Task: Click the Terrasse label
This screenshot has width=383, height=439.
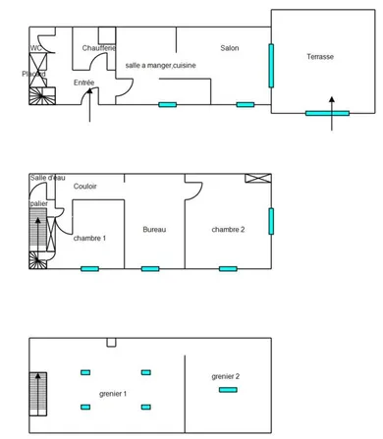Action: pyautogui.click(x=320, y=57)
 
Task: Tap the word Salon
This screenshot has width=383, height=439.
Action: pyautogui.click(x=230, y=48)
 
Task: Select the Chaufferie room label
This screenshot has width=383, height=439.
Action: pyautogui.click(x=99, y=48)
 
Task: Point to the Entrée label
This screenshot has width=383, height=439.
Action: pyautogui.click(x=84, y=82)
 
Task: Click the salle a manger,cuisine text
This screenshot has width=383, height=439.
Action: pyautogui.click(x=161, y=66)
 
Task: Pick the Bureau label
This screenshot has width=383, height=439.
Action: pyautogui.click(x=154, y=230)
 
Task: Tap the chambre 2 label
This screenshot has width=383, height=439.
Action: pyautogui.click(x=228, y=230)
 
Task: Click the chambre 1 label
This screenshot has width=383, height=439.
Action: pyautogui.click(x=89, y=238)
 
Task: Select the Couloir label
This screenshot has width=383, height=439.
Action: pyautogui.click(x=85, y=187)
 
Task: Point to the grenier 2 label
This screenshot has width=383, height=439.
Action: pyautogui.click(x=226, y=376)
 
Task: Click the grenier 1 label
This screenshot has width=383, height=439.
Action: pyautogui.click(x=113, y=394)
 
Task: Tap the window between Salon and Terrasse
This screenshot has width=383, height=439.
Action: pyautogui.click(x=271, y=66)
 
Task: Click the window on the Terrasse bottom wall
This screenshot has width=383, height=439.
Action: pyautogui.click(x=327, y=113)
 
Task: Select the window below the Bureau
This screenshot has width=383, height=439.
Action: pyautogui.click(x=150, y=269)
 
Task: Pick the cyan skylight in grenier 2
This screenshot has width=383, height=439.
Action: pyautogui.click(x=228, y=390)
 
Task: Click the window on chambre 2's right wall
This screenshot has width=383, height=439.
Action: pyautogui.click(x=271, y=221)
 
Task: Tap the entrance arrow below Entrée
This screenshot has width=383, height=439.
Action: pyautogui.click(x=89, y=105)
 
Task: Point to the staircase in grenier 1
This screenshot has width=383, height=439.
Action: pyautogui.click(x=38, y=394)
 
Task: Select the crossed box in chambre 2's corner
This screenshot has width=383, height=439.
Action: pyautogui.click(x=258, y=178)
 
